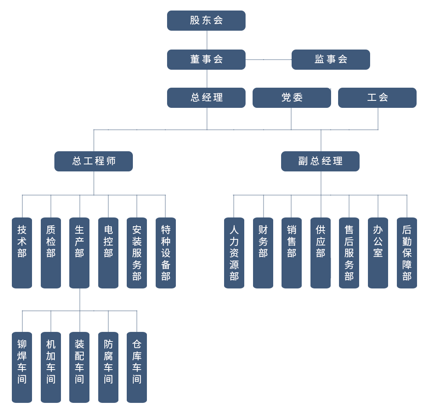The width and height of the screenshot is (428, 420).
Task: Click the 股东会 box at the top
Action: pyautogui.click(x=206, y=21)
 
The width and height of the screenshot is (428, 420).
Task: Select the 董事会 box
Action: pyautogui.click(x=206, y=60)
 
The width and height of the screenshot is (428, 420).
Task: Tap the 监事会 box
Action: pyautogui.click(x=331, y=60)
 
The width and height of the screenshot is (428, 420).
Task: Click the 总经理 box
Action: pyautogui.click(x=206, y=98)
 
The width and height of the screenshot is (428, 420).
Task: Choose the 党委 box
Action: pyautogui.click(x=292, y=98)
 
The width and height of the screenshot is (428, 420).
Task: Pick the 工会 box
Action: pyautogui.click(x=377, y=98)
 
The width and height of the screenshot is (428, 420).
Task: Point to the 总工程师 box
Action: pyautogui.click(x=93, y=161)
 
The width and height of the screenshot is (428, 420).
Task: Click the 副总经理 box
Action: pyautogui.click(x=320, y=161)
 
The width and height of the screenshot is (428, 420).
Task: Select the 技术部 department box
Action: pyautogui.click(x=22, y=253)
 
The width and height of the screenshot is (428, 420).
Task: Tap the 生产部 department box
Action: pyautogui.click(x=79, y=253)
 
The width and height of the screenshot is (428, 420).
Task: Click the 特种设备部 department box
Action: pyautogui.click(x=166, y=253)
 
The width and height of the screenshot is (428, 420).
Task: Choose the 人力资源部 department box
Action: pyautogui.click(x=234, y=253)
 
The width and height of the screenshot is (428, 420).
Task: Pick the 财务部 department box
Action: pyautogui.click(x=263, y=253)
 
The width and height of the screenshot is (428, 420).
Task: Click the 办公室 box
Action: pyautogui.click(x=378, y=253)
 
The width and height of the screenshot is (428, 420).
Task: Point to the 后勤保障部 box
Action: pyautogui.click(x=407, y=253)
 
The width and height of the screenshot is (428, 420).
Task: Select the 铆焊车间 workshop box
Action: pyautogui.click(x=22, y=367)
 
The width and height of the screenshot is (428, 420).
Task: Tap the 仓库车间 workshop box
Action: pyautogui.click(x=137, y=367)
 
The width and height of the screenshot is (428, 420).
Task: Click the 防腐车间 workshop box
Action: pyautogui.click(x=108, y=367)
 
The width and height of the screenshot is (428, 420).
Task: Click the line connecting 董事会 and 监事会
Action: pyautogui.click(x=268, y=60)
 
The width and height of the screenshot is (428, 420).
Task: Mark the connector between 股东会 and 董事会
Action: pyautogui.click(x=207, y=40)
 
